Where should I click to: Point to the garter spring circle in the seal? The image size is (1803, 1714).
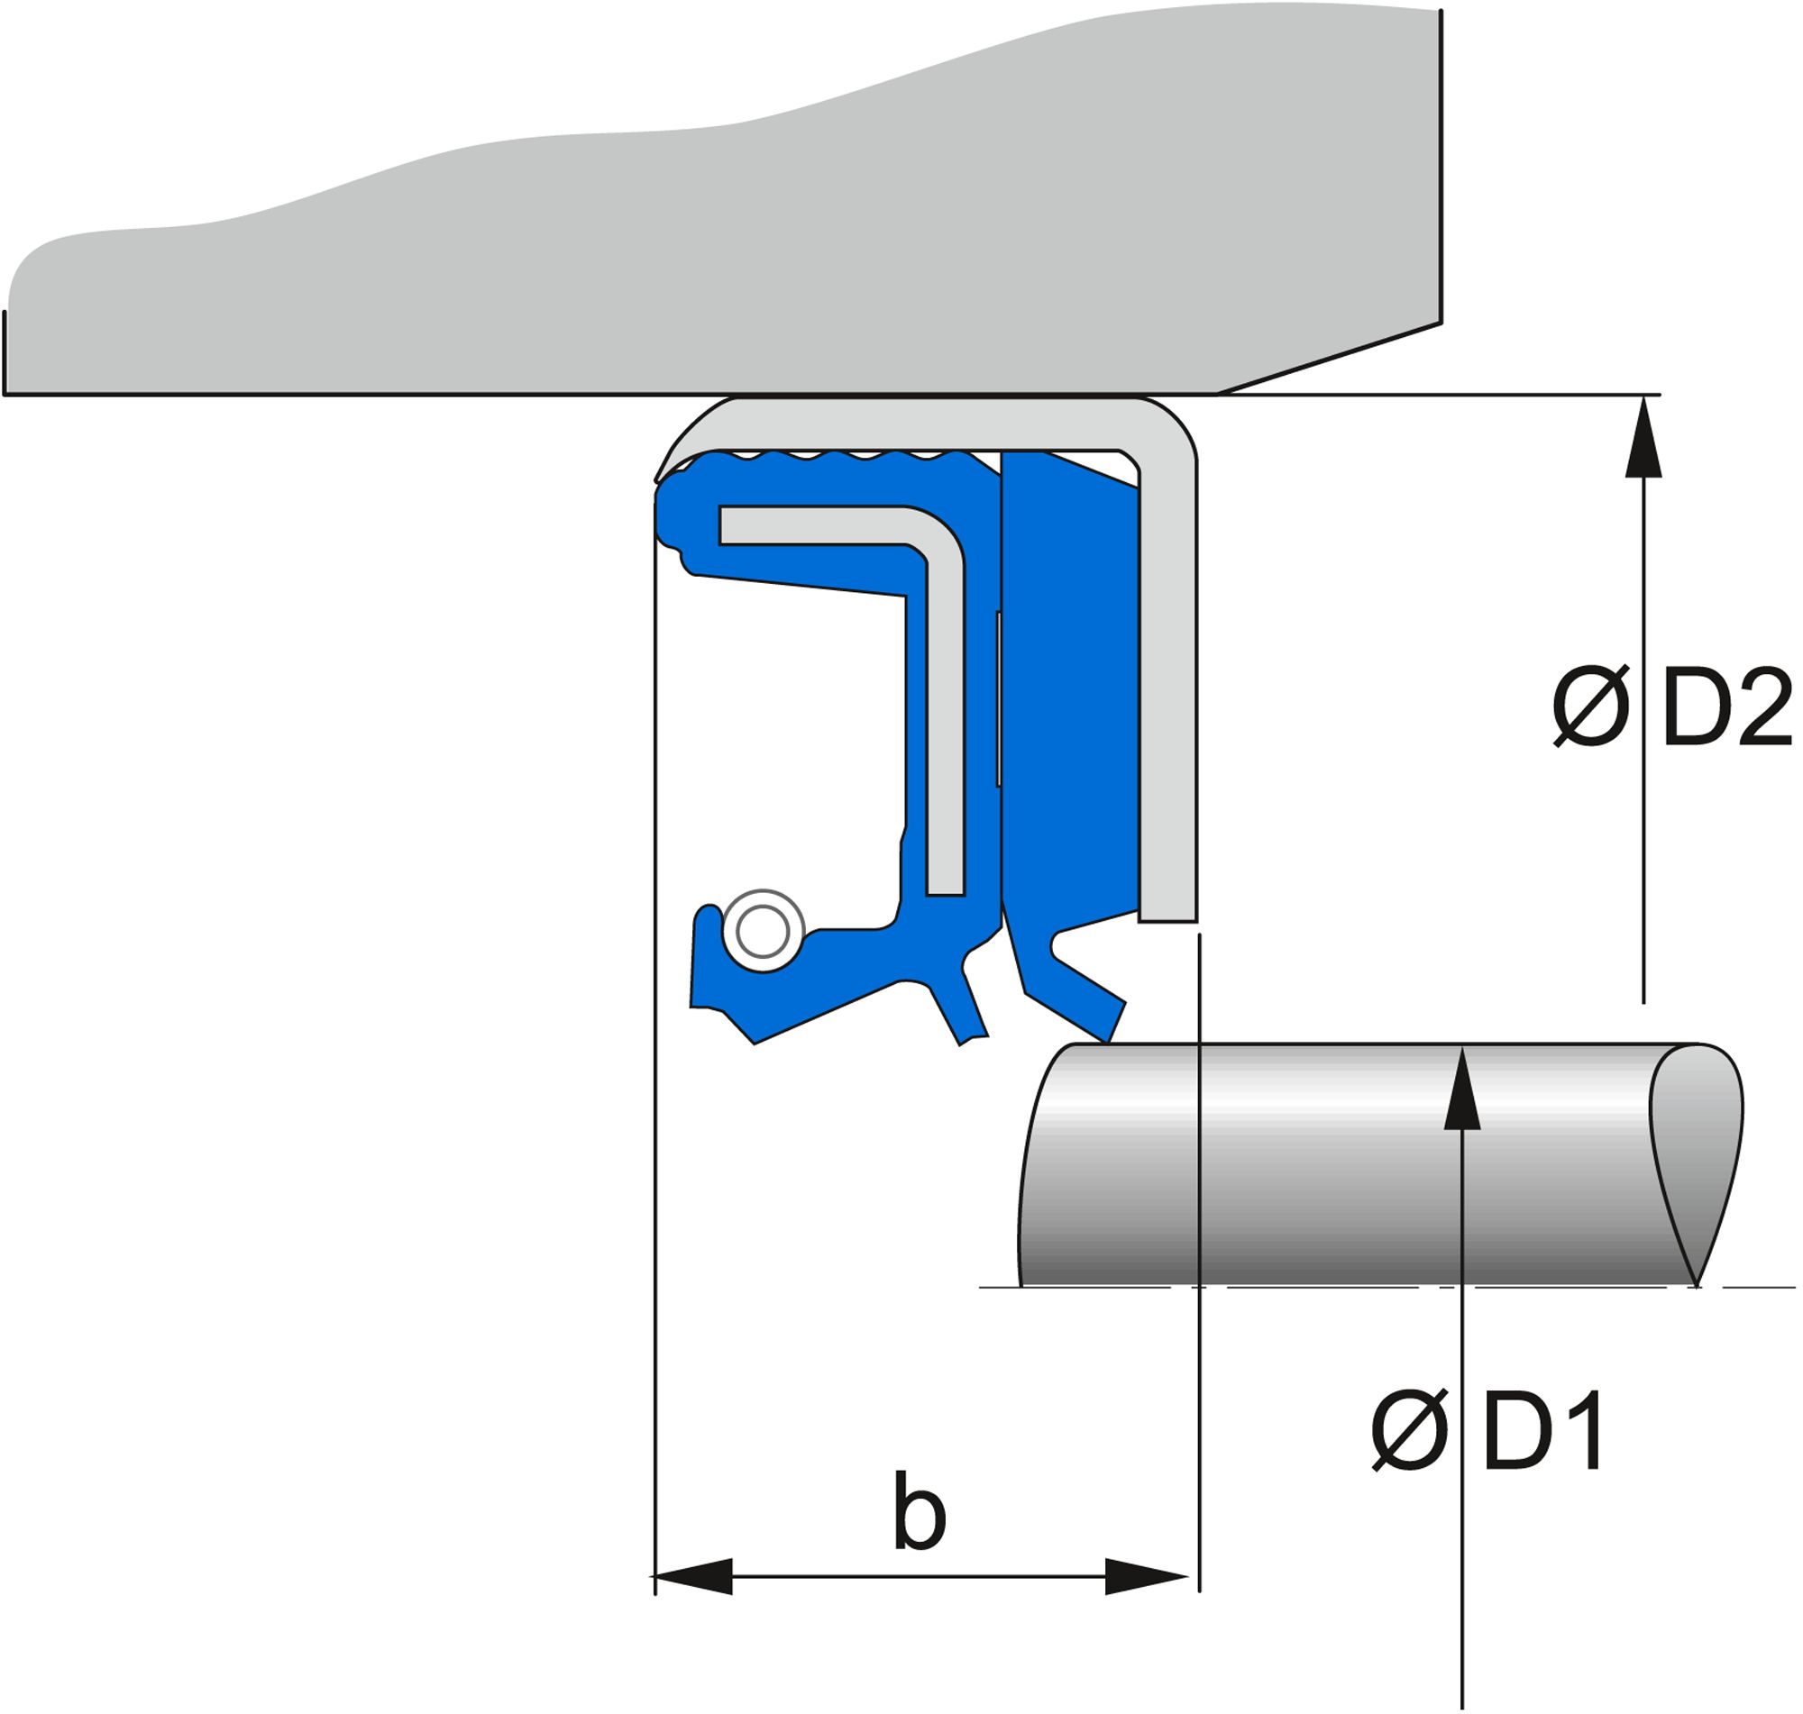pyautogui.click(x=763, y=931)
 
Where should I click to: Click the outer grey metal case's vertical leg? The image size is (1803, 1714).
pyautogui.click(x=1167, y=685)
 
